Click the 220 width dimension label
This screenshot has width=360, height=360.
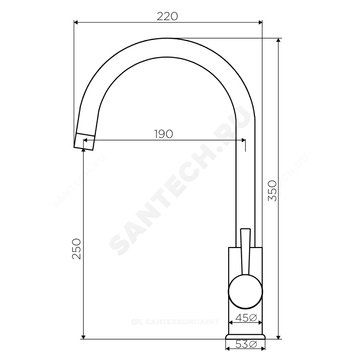click(167, 16)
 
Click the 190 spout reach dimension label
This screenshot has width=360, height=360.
click(163, 134)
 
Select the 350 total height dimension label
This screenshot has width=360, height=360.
click(273, 191)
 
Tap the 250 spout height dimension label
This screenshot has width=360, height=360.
click(77, 249)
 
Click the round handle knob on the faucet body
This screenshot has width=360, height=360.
click(245, 291)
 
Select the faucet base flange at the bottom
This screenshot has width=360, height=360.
click(246, 336)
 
